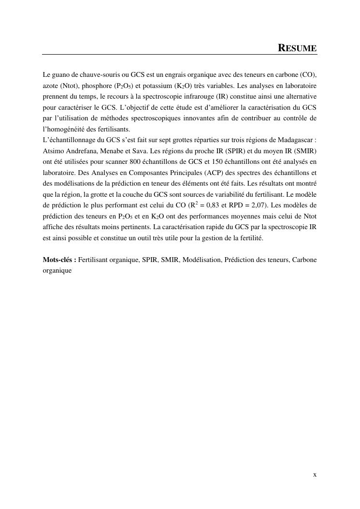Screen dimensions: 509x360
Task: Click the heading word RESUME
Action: click(x=297, y=48)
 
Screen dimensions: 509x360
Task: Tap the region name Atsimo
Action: click(x=52, y=151)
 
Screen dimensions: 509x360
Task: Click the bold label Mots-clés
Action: click(x=59, y=260)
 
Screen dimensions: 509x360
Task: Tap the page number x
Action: click(x=315, y=475)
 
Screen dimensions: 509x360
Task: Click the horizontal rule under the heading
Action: click(x=179, y=55)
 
